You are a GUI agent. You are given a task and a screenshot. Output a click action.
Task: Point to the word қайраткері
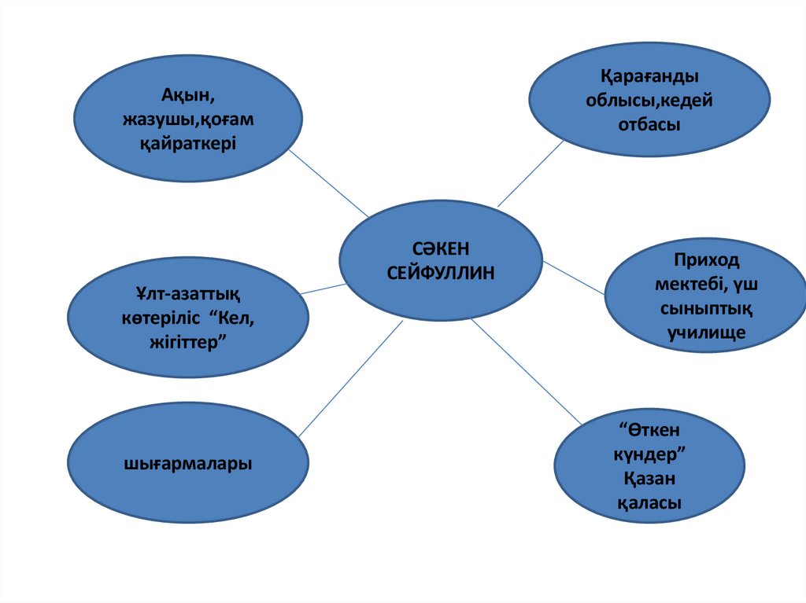point(189,145)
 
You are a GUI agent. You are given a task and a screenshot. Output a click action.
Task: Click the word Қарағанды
point(649,77)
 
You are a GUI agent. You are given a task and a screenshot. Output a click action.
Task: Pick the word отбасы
point(649,124)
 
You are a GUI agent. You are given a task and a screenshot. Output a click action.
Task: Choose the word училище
point(707,333)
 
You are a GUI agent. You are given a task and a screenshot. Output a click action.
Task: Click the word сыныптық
point(707,308)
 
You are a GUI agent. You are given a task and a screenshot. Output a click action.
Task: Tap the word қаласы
point(649,503)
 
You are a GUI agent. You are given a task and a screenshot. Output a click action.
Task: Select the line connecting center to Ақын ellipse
point(329,184)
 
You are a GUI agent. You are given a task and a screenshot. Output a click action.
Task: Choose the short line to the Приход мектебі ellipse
point(574,278)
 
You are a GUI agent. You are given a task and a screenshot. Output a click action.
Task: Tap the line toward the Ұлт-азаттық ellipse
point(324,289)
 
